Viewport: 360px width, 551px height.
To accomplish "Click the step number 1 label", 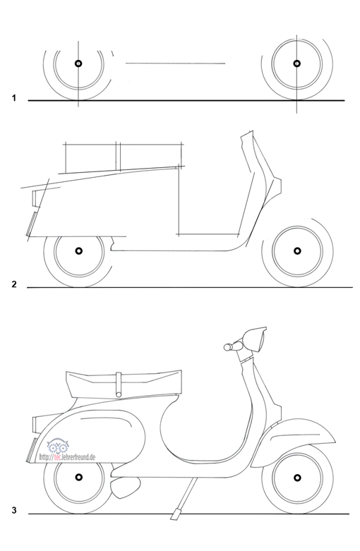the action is pyautogui.click(x=14, y=98).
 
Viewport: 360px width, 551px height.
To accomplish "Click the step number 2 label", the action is pyautogui.click(x=14, y=284).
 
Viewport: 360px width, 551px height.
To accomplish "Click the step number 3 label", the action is pyautogui.click(x=14, y=510).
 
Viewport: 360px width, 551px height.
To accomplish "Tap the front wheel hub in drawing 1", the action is pyautogui.click(x=297, y=63).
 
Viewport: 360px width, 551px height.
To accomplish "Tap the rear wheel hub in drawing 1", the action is pyautogui.click(x=78, y=63).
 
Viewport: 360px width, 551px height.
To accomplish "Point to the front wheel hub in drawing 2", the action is pyautogui.click(x=297, y=251).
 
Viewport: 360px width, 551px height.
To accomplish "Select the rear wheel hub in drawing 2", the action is pyautogui.click(x=79, y=250).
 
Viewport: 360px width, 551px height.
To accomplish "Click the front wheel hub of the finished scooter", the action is pyautogui.click(x=297, y=478).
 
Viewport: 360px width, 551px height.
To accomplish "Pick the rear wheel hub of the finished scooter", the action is pyautogui.click(x=79, y=477).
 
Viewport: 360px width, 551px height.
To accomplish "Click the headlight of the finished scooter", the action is pyautogui.click(x=256, y=339).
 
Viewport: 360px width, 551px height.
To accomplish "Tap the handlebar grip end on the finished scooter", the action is pyautogui.click(x=227, y=348).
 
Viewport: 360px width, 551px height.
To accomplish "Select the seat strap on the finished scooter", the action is pyautogui.click(x=119, y=385).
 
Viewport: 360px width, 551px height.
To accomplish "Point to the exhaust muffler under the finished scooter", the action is pyautogui.click(x=126, y=488).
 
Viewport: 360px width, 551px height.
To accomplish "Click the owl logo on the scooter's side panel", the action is pyautogui.click(x=57, y=446).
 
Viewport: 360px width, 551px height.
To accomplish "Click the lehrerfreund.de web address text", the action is pyautogui.click(x=67, y=457).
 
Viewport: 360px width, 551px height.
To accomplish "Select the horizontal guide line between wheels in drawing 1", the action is pyautogui.click(x=176, y=63).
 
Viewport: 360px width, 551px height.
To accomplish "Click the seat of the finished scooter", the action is pyautogui.click(x=124, y=384).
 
